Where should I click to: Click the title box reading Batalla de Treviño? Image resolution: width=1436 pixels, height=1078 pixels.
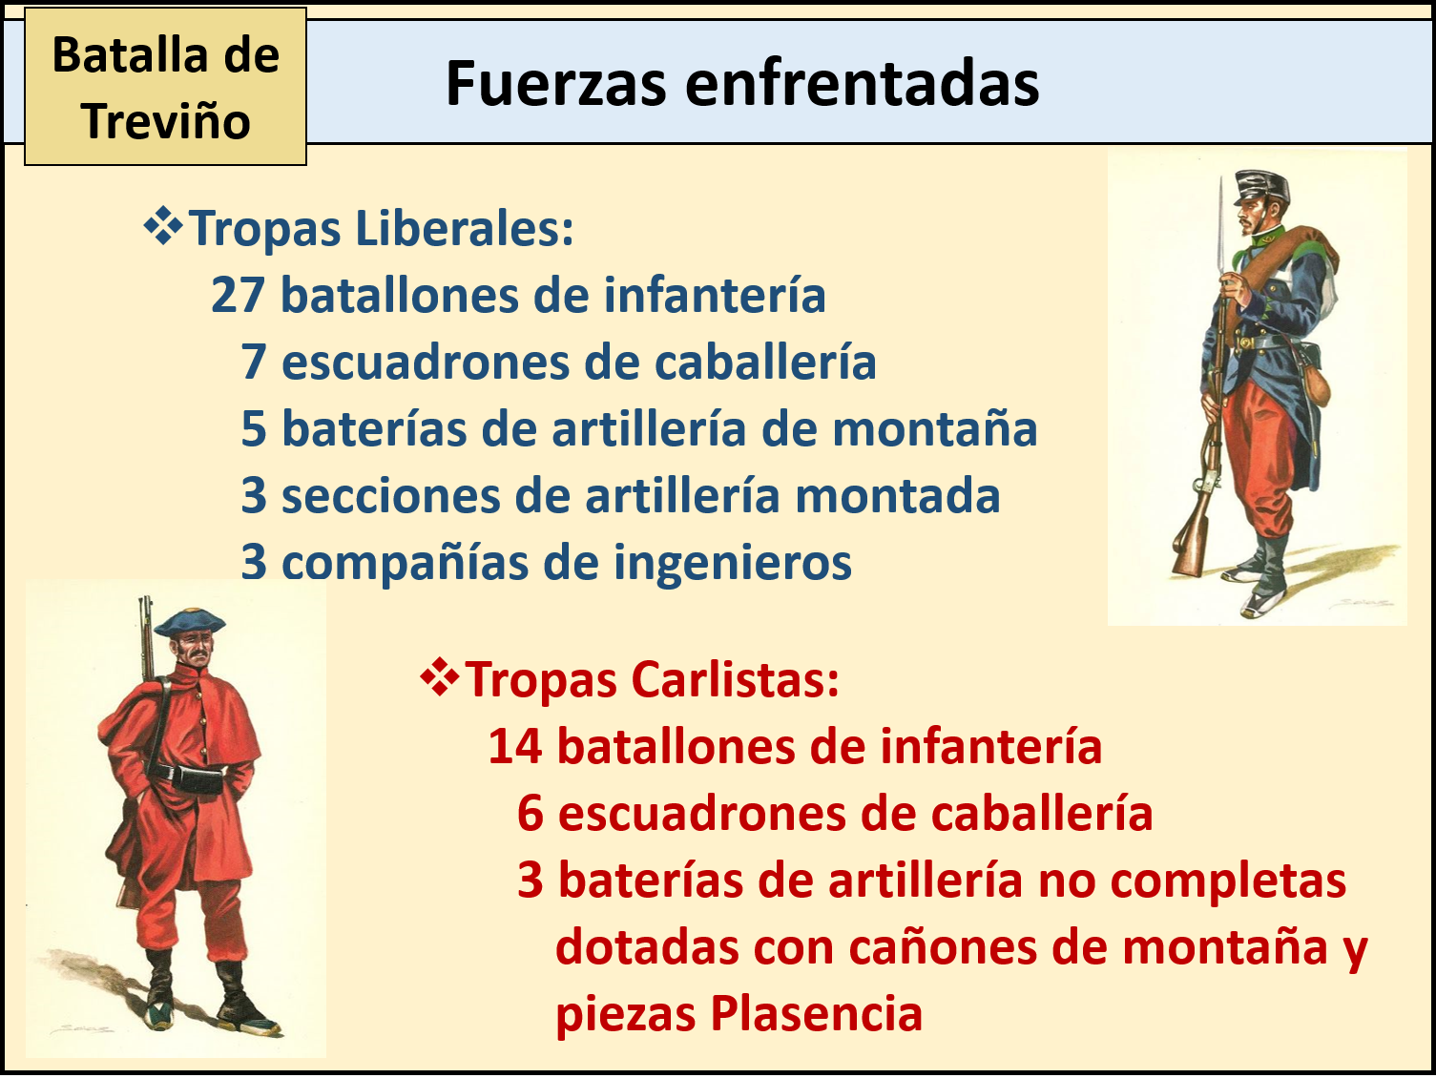point(165,88)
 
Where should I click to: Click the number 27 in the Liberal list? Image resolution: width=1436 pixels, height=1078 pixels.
point(238,296)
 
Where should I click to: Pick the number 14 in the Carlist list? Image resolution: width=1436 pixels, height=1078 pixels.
point(514,747)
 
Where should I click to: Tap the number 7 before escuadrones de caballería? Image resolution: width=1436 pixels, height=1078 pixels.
point(253,363)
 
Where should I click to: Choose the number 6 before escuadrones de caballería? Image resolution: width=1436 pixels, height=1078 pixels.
point(531,814)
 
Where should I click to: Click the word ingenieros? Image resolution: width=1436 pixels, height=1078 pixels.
point(732,563)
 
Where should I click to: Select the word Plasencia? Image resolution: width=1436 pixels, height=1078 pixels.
point(817,1014)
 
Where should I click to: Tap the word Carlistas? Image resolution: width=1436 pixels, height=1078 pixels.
point(735,680)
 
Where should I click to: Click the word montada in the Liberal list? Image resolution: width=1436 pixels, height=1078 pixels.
point(897,496)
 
